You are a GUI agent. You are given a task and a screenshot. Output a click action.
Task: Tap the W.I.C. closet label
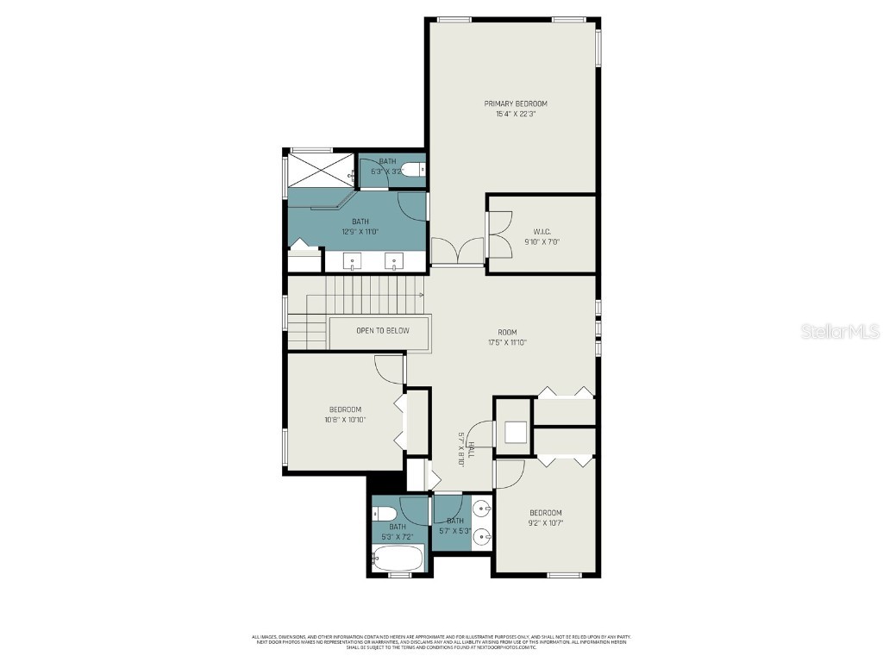(542, 231)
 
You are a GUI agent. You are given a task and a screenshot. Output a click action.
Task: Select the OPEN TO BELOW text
(383, 331)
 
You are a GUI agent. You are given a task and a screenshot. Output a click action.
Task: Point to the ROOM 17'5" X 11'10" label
(506, 333)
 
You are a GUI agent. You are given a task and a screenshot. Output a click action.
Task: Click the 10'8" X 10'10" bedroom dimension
(344, 421)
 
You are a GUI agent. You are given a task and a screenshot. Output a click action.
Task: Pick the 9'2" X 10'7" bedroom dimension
(545, 523)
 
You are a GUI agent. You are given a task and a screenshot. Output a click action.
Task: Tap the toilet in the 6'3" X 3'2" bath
(414, 169)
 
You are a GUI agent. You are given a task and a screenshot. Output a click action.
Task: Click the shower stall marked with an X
(321, 167)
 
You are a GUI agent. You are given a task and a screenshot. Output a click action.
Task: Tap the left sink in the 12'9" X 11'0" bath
(354, 260)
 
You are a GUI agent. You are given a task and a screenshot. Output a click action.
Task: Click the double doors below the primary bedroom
(458, 251)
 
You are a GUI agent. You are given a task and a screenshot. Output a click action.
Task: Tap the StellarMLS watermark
(840, 331)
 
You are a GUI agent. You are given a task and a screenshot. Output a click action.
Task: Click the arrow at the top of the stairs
(421, 295)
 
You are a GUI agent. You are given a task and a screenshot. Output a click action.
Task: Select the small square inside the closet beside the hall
(515, 432)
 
